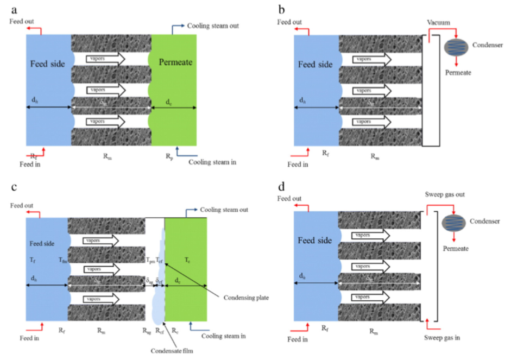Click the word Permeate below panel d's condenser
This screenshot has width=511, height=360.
coord(457,248)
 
